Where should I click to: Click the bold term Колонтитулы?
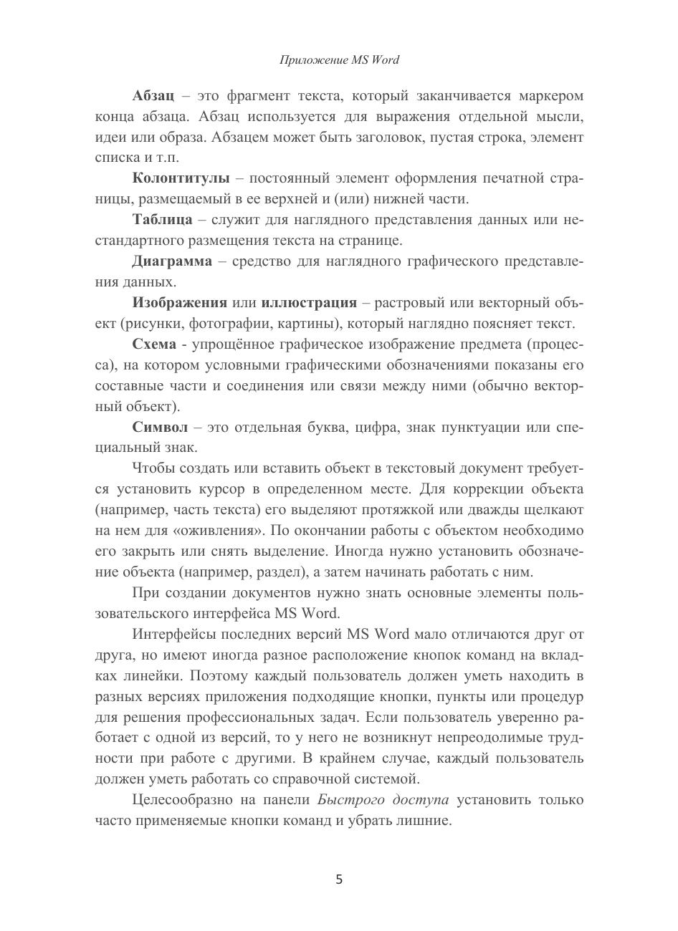coord(181,178)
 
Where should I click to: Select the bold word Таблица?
coord(162,219)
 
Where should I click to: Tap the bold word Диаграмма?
coord(172,261)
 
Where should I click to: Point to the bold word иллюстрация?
coord(309,302)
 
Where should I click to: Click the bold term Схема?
coord(154,344)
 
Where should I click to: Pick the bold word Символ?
coord(161,428)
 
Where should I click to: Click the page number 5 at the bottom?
coord(339,879)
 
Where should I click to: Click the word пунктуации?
coord(474,428)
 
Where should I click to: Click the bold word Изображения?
coord(180,302)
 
